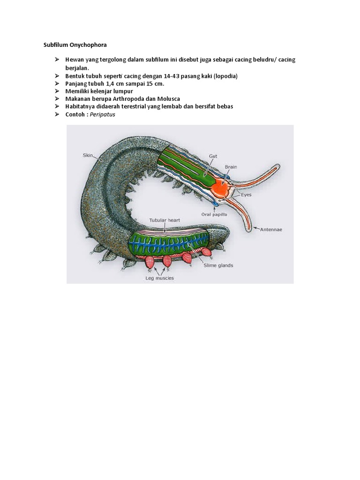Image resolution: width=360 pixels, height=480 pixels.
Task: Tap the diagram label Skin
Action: pyautogui.click(x=88, y=155)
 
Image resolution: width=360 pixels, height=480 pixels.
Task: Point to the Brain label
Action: pyautogui.click(x=231, y=166)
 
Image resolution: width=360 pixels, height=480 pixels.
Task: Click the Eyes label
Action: pyautogui.click(x=246, y=194)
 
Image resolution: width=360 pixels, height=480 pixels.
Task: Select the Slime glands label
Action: pyautogui.click(x=218, y=265)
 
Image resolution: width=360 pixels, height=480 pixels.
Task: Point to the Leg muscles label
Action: pyautogui.click(x=159, y=278)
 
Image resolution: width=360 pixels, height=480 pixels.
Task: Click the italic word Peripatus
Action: pyautogui.click(x=104, y=114)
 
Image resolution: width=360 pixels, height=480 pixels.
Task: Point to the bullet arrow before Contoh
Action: pyautogui.click(x=56, y=114)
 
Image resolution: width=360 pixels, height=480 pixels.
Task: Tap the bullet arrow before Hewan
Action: pyautogui.click(x=56, y=60)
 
